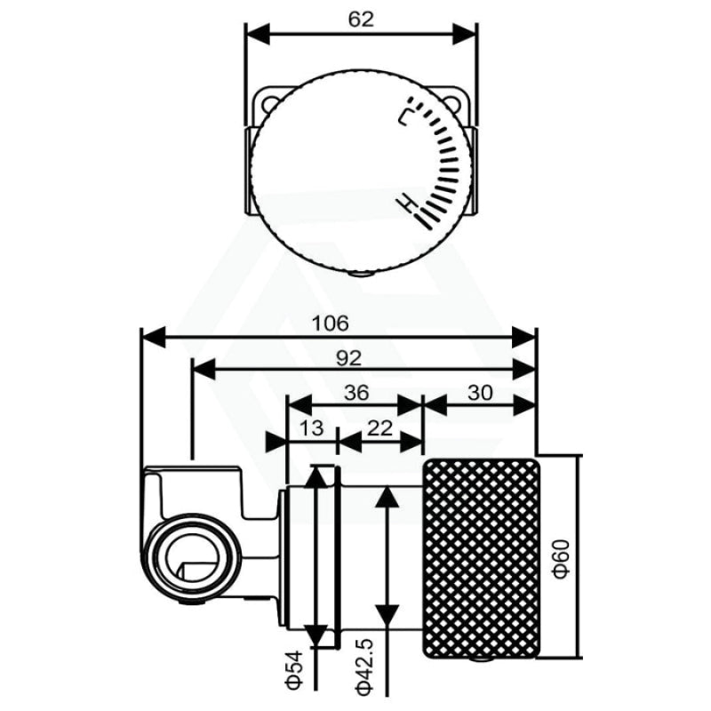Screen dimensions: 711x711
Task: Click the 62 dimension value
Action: click(361, 20)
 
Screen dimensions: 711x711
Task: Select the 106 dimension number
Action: click(331, 324)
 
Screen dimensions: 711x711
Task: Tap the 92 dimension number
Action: click(348, 358)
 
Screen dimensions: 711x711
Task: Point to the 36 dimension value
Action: click(356, 393)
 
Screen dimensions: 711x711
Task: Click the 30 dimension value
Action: click(480, 393)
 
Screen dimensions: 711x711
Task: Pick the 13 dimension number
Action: click(312, 427)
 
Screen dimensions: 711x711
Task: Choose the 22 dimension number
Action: click(379, 427)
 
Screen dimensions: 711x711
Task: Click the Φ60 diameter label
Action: click(562, 559)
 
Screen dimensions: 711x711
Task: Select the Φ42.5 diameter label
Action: click(365, 667)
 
